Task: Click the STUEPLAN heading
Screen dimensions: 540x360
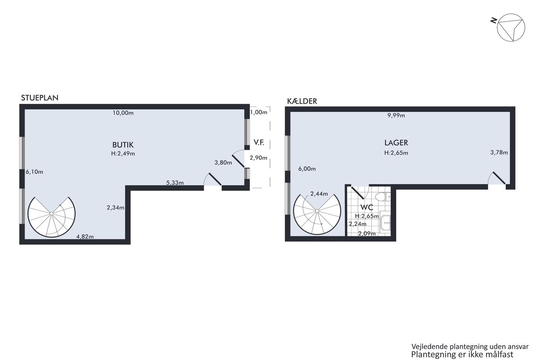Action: (40, 98)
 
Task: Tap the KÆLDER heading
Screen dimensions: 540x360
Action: (302, 101)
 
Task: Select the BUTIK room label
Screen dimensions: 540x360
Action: (123, 145)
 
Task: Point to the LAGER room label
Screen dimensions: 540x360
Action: (396, 143)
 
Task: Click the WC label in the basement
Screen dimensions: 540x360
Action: (367, 207)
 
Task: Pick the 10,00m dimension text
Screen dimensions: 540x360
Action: (123, 113)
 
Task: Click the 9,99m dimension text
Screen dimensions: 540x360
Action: (396, 115)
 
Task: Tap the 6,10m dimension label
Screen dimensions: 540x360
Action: (34, 172)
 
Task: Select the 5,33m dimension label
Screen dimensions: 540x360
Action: (175, 183)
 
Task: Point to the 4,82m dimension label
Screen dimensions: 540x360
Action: (85, 237)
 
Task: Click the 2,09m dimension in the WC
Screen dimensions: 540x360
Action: (367, 233)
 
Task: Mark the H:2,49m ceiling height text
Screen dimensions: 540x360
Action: (123, 153)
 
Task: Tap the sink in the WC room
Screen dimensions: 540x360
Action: (385, 223)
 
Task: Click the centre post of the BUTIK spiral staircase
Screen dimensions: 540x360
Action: (51, 214)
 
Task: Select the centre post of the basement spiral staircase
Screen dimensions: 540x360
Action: (317, 211)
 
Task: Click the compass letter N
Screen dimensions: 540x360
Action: (493, 21)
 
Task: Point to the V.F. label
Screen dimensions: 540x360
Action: (259, 142)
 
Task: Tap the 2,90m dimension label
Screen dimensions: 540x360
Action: (258, 158)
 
